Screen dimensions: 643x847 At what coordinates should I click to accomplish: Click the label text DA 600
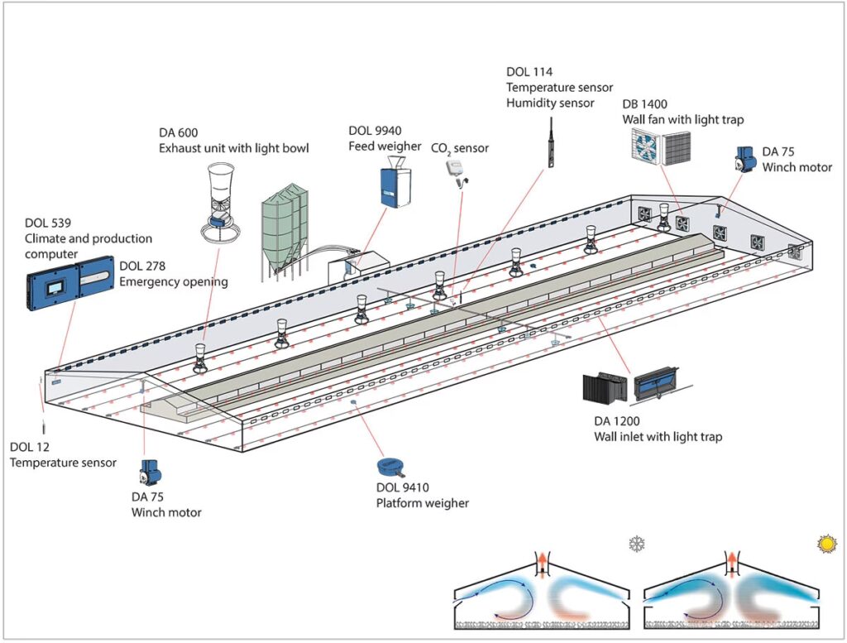[178, 133]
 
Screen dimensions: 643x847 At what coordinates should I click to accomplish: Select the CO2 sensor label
[460, 148]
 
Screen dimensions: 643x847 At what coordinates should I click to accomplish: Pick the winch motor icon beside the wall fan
[744, 159]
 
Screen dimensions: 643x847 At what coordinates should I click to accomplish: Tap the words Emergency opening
[173, 281]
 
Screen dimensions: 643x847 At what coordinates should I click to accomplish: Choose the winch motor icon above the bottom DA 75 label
[150, 473]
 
